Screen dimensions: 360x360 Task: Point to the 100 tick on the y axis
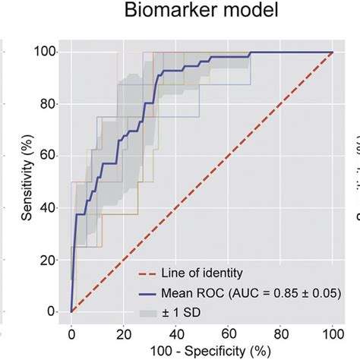coord(48,52)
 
